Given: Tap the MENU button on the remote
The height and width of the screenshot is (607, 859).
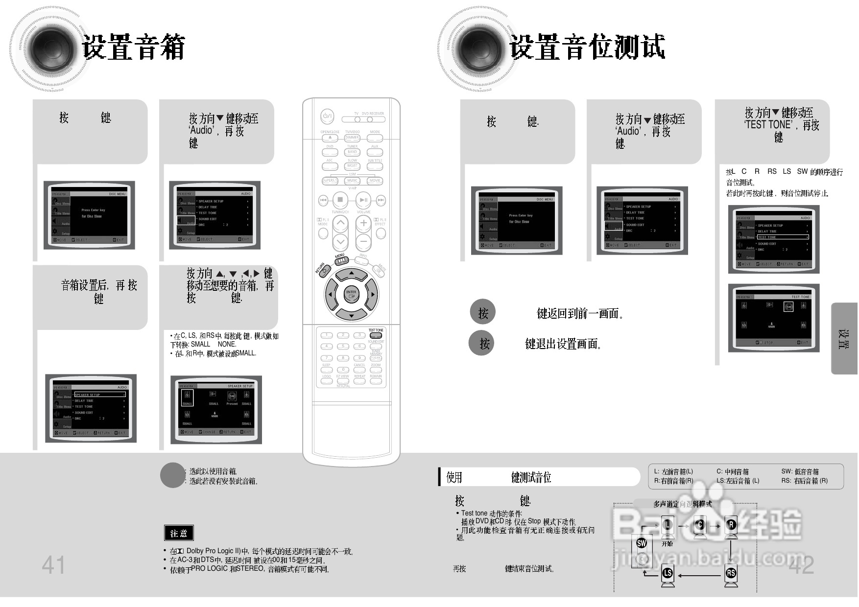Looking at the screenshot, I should tap(341, 261).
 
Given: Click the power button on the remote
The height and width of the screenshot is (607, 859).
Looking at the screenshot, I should tap(327, 117).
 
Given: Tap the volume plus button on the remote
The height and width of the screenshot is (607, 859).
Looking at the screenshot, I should tap(363, 223).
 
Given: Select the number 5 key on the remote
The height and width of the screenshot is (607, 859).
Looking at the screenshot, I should tap(343, 347).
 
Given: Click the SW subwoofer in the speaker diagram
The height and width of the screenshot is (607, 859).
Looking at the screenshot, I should tap(642, 543).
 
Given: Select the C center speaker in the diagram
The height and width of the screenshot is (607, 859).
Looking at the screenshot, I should tap(700, 526).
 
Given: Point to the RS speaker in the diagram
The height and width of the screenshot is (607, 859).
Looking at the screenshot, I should tap(731, 573).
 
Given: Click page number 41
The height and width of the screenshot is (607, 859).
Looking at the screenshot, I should tap(53, 565).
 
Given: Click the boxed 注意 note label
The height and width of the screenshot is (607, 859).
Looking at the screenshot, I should tap(179, 533).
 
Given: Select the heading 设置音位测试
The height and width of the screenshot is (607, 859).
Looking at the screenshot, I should tap(587, 47).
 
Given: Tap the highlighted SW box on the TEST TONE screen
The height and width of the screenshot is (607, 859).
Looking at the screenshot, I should tap(788, 307).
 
